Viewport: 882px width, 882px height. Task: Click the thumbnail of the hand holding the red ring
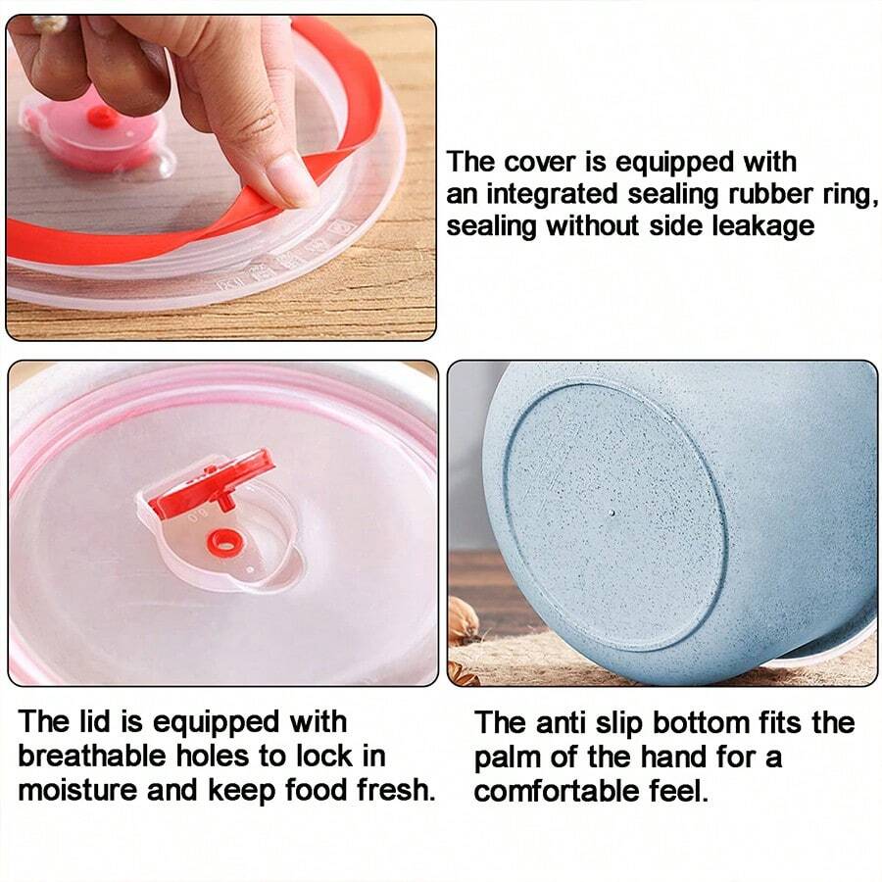pyautogui.click(x=220, y=176)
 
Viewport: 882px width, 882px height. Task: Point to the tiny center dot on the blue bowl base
pyautogui.click(x=612, y=512)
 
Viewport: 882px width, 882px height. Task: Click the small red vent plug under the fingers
pyautogui.click(x=102, y=117)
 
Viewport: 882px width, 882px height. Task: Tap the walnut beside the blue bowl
pyautogui.click(x=463, y=619)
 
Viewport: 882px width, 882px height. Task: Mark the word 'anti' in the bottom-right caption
pyautogui.click(x=562, y=724)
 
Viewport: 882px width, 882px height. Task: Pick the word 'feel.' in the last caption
pyautogui.click(x=677, y=791)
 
